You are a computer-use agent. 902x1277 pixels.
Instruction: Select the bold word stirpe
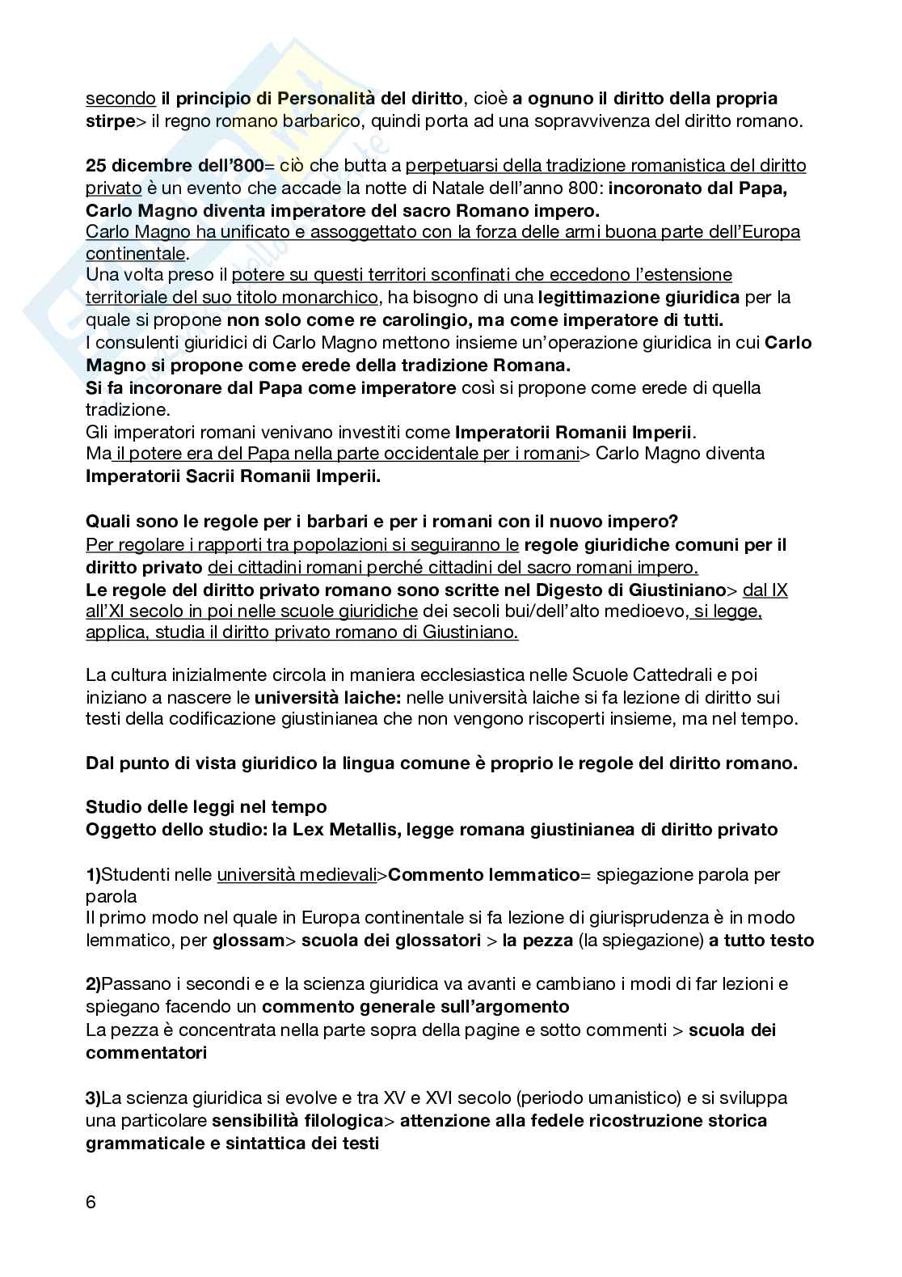click(x=110, y=121)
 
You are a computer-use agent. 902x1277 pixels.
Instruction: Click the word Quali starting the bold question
click(x=107, y=522)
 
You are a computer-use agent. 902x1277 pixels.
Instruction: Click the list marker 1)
click(x=94, y=874)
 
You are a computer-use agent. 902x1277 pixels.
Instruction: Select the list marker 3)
click(x=94, y=1097)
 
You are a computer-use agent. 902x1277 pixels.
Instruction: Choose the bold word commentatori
click(x=145, y=1052)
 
